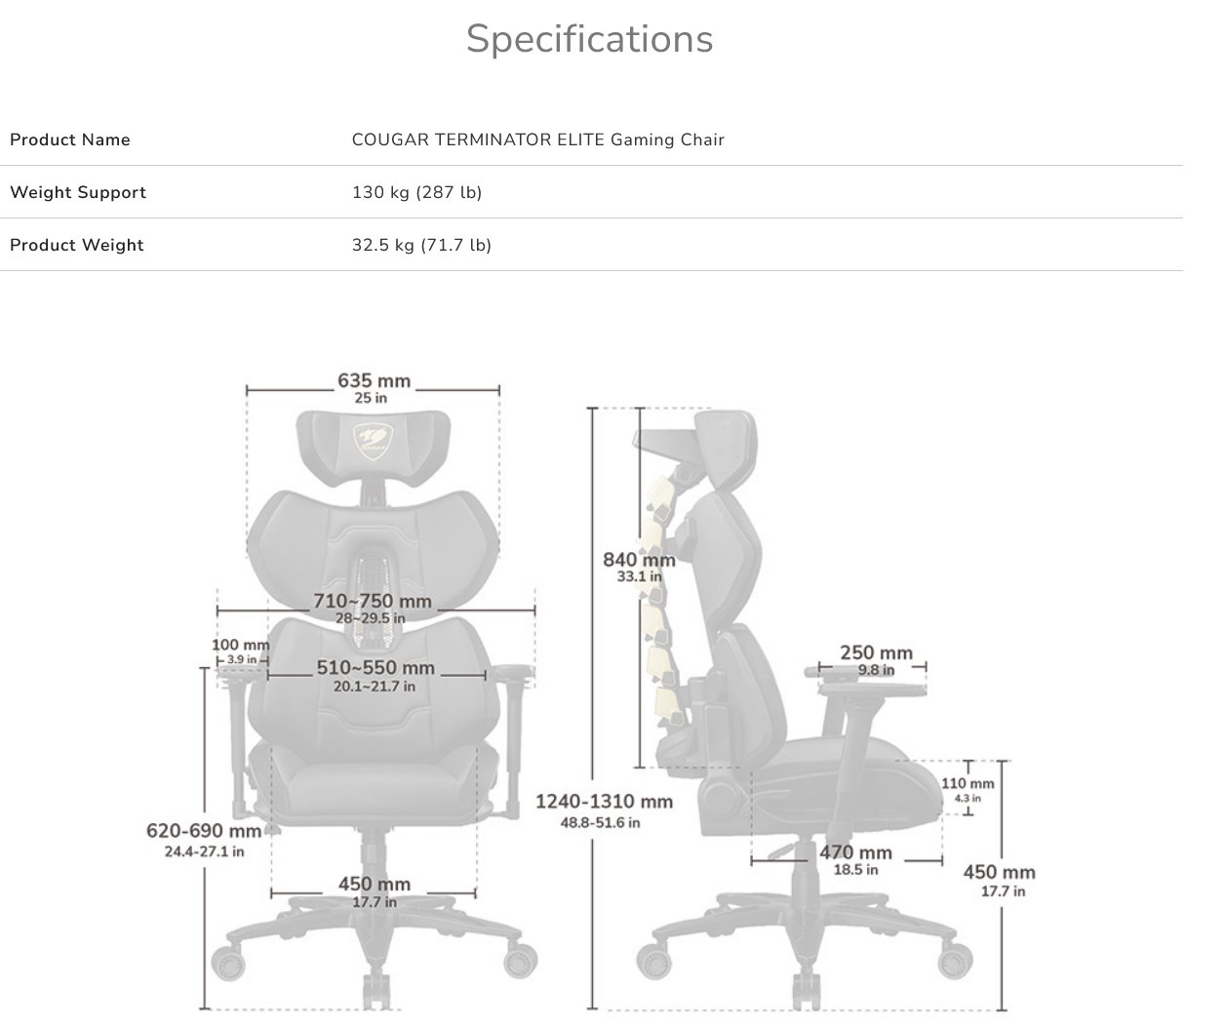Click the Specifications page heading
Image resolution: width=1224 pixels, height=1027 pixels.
point(589,40)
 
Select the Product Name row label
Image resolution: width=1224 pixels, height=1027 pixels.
point(69,139)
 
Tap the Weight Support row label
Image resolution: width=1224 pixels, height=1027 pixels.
point(78,192)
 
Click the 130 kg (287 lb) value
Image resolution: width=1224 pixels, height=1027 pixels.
point(416,192)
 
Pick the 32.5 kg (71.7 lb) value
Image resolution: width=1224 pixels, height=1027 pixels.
point(421,245)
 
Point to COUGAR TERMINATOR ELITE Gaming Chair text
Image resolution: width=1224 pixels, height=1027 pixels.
point(537,139)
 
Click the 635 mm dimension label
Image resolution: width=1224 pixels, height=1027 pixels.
point(374,381)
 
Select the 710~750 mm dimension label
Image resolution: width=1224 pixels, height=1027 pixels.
point(372,602)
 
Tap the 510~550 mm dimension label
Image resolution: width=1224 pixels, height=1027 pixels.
point(375,669)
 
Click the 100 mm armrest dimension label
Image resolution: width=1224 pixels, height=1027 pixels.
point(240,646)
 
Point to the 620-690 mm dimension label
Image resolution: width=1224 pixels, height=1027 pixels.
point(204,832)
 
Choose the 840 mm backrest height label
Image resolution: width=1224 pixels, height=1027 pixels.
point(639,560)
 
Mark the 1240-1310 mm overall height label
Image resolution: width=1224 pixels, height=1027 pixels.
point(604,802)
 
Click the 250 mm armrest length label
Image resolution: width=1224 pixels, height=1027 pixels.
point(876,653)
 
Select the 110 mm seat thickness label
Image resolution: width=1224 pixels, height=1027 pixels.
point(967,783)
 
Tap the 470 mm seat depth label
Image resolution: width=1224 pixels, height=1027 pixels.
point(855,853)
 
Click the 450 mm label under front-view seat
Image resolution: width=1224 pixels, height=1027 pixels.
point(375,885)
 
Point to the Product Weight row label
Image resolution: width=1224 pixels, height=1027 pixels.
point(76,245)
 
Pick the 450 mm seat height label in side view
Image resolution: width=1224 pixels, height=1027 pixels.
point(999,873)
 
